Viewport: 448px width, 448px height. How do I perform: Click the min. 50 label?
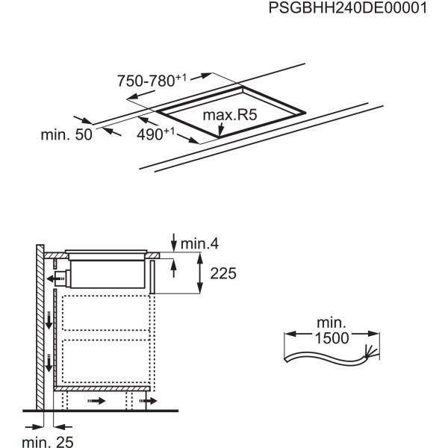pyautogui.click(x=66, y=134)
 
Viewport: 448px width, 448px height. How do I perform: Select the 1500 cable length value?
pyautogui.click(x=332, y=337)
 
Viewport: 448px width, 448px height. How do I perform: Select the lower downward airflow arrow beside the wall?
pyautogui.click(x=49, y=364)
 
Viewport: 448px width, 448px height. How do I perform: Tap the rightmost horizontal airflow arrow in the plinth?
pyautogui.click(x=147, y=401)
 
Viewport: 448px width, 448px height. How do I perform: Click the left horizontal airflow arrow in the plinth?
pyautogui.click(x=98, y=401)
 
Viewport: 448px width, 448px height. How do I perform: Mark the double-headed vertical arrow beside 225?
pyautogui.click(x=201, y=274)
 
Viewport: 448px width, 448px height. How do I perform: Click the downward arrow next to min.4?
pyautogui.click(x=174, y=242)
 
